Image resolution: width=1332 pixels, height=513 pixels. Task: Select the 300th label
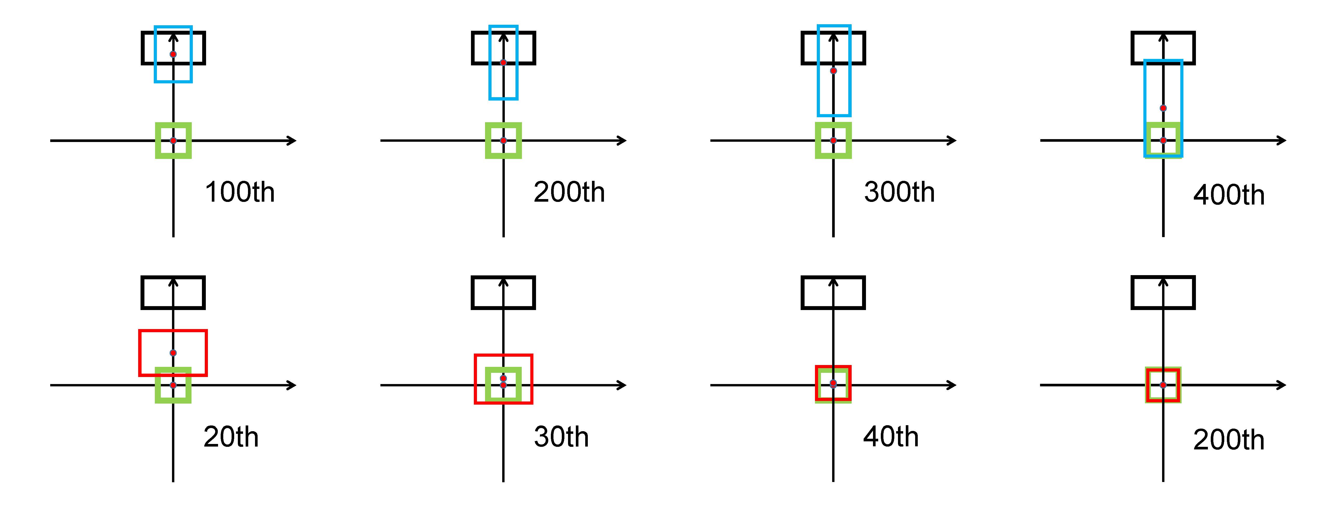coord(899,192)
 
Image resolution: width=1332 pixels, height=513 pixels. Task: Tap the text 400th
coord(1229,195)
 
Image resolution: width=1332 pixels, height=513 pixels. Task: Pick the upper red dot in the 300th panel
coord(833,70)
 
